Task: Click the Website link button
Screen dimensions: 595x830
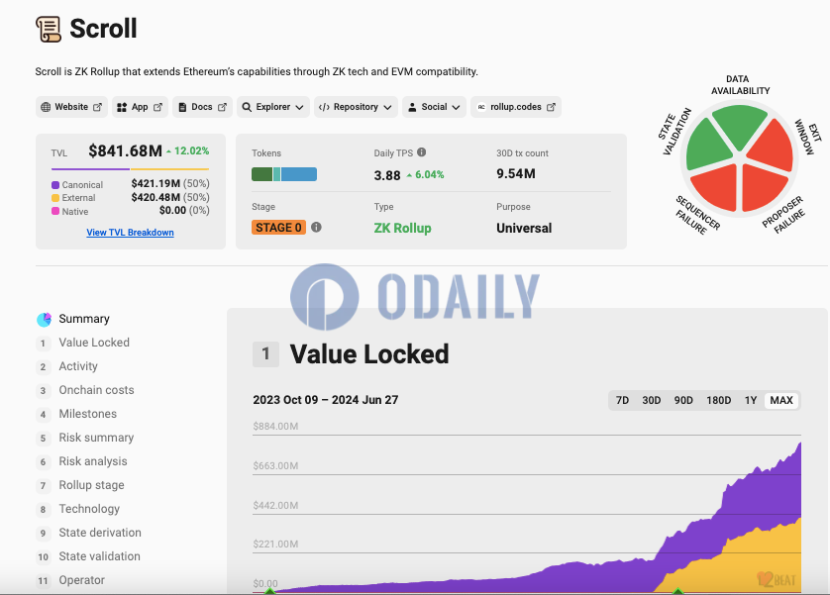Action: click(x=71, y=107)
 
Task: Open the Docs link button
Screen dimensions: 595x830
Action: click(x=203, y=107)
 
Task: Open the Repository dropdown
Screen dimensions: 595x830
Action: click(x=357, y=107)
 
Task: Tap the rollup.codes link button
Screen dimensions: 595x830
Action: click(x=515, y=107)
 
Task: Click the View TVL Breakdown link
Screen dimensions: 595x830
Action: click(x=130, y=233)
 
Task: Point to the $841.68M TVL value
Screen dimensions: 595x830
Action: click(x=125, y=151)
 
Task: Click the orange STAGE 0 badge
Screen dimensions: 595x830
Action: click(x=278, y=228)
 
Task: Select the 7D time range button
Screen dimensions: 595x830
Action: click(x=622, y=401)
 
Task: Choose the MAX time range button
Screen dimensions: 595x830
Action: click(x=781, y=401)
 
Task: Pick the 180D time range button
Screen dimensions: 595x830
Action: click(x=718, y=401)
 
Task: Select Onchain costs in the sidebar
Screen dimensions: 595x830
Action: click(x=96, y=390)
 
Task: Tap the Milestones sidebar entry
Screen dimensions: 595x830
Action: click(x=88, y=414)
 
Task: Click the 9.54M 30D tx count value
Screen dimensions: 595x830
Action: click(x=516, y=174)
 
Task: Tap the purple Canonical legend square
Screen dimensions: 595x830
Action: click(x=55, y=185)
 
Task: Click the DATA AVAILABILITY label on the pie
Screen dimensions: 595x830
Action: click(x=740, y=85)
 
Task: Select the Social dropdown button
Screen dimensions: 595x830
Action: click(x=434, y=107)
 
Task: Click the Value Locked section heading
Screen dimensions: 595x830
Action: click(x=368, y=354)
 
